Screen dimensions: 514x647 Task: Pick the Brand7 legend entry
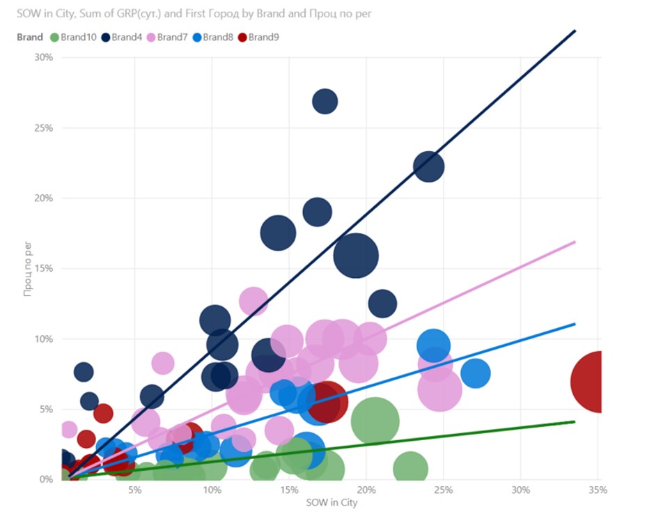point(170,37)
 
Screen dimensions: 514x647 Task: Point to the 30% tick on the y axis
point(43,57)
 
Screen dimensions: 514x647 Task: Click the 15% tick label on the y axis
point(43,268)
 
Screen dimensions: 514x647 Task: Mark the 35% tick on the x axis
point(598,490)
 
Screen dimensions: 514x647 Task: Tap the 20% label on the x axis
point(366,490)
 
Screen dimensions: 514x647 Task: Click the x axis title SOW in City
point(331,503)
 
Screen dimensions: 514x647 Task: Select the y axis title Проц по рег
point(28,268)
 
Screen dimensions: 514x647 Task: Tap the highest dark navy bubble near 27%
point(325,102)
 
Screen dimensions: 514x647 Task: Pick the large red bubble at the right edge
point(595,382)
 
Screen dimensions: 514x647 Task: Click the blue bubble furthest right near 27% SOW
point(475,373)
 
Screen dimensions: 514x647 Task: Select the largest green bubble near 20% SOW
point(375,421)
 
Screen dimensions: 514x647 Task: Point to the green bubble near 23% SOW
point(410,468)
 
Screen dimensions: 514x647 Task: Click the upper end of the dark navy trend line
point(575,31)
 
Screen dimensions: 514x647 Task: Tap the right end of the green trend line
point(574,421)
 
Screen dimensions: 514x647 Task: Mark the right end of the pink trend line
point(575,242)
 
